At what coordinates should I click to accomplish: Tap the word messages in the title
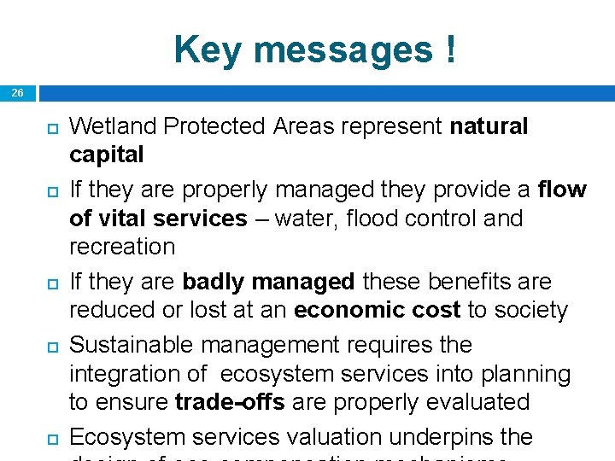342,50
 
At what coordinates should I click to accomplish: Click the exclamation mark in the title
449,50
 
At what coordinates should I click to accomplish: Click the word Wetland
113,126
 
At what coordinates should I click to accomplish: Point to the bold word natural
489,126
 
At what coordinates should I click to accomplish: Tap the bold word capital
107,155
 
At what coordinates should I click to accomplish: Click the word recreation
122,247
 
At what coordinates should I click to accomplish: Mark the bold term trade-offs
230,402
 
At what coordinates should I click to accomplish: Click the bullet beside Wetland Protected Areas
50,127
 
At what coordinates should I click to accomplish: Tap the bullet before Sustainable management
50,346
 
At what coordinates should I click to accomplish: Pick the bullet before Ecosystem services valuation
50,438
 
